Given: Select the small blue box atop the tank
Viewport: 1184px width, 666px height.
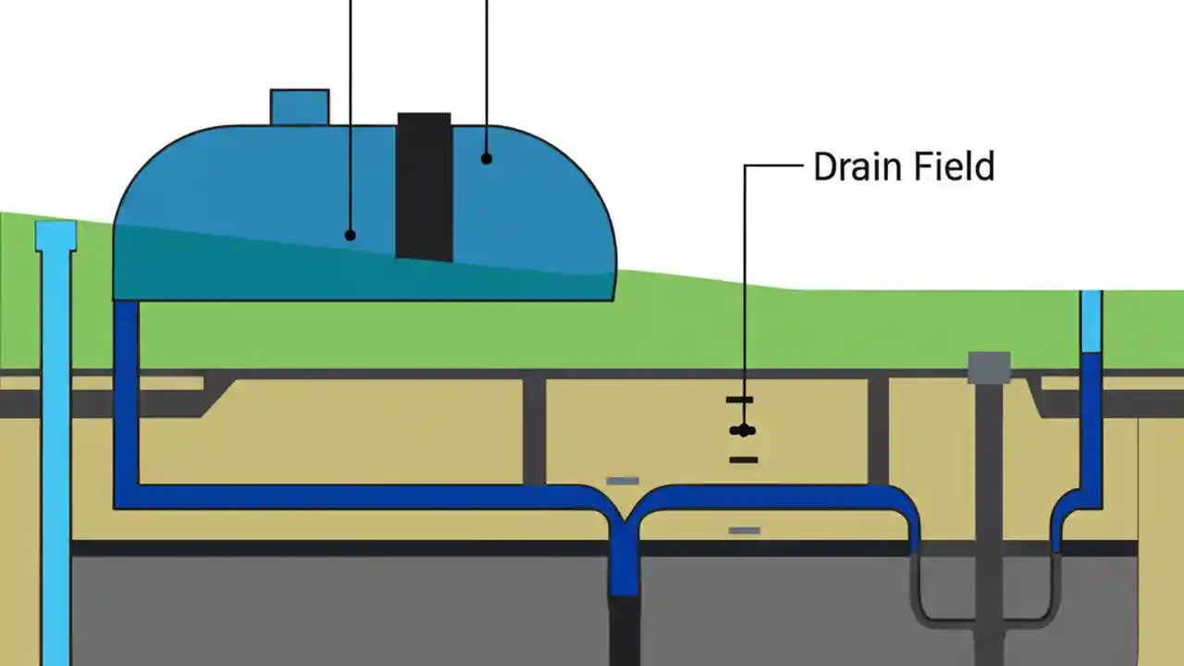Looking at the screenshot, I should click(x=299, y=106).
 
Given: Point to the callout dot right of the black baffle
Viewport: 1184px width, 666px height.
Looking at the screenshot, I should click(x=487, y=159).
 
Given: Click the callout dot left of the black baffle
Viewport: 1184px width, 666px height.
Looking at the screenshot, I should click(x=351, y=235).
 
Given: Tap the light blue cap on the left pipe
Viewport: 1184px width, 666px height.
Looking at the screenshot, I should click(x=55, y=236).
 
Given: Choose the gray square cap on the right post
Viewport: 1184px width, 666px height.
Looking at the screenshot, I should click(x=989, y=367).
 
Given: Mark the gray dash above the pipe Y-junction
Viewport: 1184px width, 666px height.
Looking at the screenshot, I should click(x=622, y=481).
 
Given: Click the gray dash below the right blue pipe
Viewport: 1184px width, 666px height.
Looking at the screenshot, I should click(x=745, y=531).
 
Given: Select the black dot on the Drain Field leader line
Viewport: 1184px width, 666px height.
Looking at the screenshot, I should click(x=741, y=430).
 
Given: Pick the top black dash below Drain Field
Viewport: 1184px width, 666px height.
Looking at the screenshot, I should click(x=740, y=400).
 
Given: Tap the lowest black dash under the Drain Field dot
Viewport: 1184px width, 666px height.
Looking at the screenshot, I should click(x=743, y=460).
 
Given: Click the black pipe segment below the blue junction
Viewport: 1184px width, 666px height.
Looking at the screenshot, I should click(x=625, y=629).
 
